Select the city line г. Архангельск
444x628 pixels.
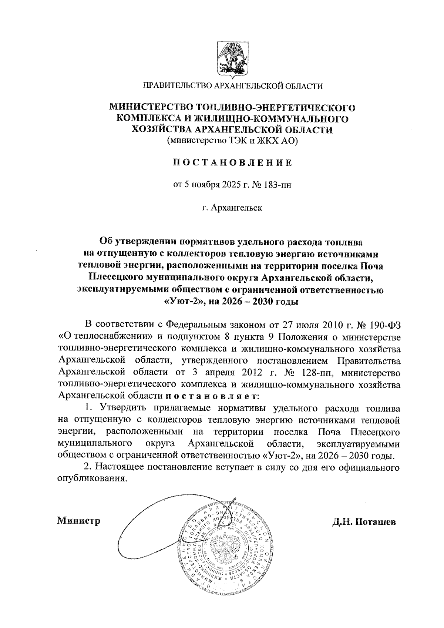(232, 208)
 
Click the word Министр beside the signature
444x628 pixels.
(79, 521)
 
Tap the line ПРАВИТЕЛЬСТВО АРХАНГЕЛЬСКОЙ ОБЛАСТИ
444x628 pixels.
(233, 87)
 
